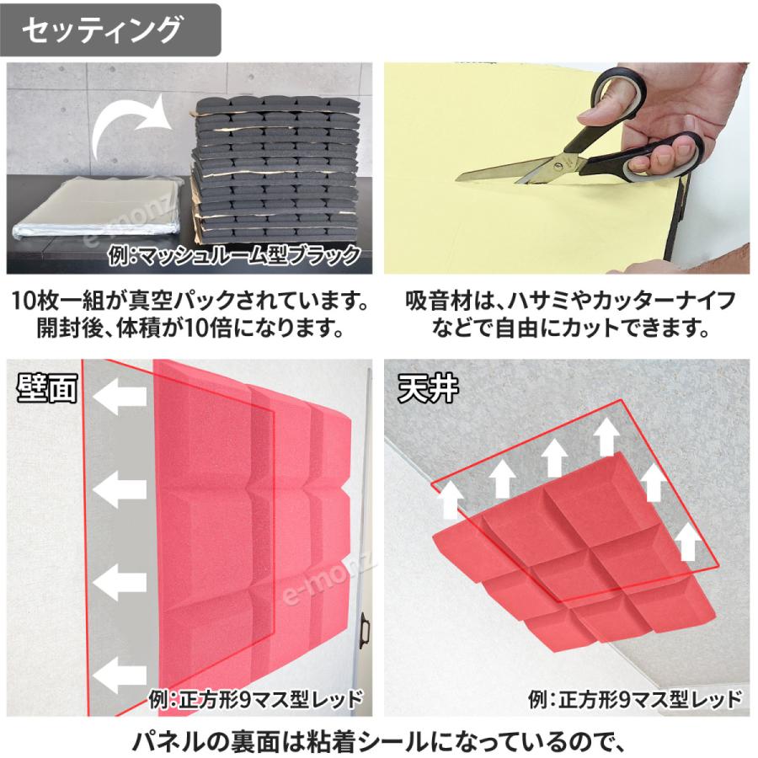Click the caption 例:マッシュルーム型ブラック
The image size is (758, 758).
tap(235, 255)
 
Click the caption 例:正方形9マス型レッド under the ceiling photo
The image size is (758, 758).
tap(635, 698)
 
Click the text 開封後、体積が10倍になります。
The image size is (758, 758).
tap(190, 328)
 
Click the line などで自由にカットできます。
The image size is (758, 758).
tap(570, 328)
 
